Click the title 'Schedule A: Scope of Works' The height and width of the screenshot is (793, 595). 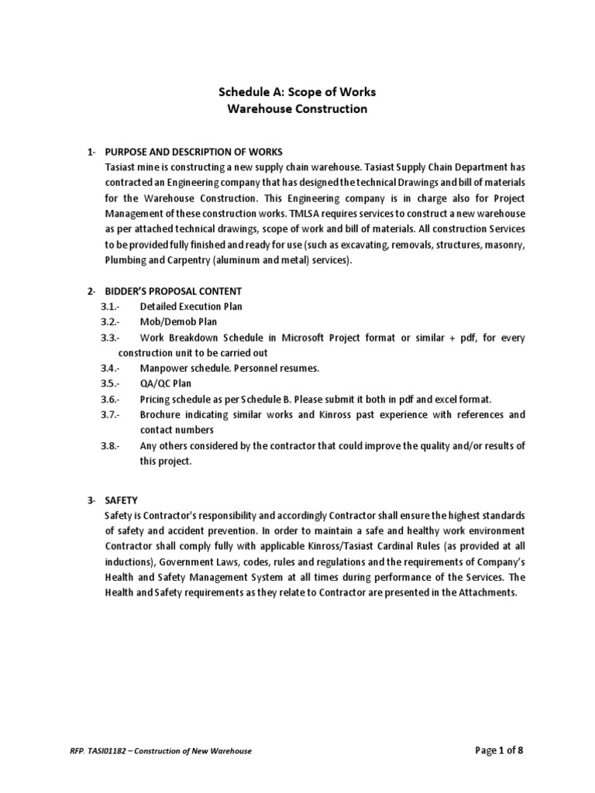click(x=297, y=92)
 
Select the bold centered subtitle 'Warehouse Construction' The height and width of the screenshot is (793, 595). click(x=297, y=109)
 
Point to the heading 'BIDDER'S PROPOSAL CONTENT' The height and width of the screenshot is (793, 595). click(x=174, y=291)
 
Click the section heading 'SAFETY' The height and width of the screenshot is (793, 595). click(x=121, y=501)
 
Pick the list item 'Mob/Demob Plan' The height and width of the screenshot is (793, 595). click(x=178, y=322)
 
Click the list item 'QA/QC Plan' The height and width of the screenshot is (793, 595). click(x=165, y=383)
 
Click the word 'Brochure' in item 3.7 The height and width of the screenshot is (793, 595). click(x=161, y=414)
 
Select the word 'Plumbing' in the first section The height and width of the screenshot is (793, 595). click(x=125, y=259)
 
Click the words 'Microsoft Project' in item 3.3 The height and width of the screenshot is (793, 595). click(x=328, y=338)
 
